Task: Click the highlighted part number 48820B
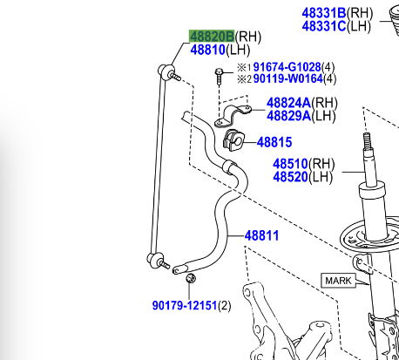click(212, 37)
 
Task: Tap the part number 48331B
click(324, 13)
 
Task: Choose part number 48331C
click(324, 26)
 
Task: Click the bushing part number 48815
click(274, 142)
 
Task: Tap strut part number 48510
click(291, 163)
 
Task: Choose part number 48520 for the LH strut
click(291, 176)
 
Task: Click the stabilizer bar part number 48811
click(261, 235)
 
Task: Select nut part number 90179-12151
click(184, 305)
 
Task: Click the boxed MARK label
click(338, 281)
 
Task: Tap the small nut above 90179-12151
click(192, 279)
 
